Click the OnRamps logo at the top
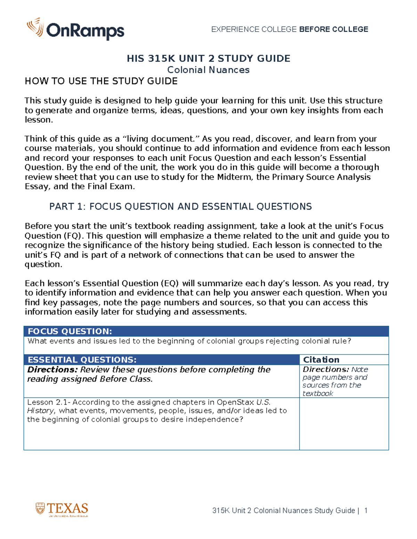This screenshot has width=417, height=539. [75, 30]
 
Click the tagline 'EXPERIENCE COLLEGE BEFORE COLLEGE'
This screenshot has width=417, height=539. [289, 30]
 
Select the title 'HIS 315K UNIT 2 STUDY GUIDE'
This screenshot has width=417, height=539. [208, 58]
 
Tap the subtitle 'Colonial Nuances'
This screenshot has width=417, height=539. [208, 70]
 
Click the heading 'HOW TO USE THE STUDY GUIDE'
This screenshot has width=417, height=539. [101, 81]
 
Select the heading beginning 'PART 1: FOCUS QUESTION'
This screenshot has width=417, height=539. [180, 207]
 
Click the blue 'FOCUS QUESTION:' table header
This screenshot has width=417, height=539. [70, 331]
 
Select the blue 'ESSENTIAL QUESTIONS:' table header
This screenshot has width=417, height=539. [82, 360]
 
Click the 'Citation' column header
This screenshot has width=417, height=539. [321, 360]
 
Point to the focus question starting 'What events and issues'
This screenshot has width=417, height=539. [189, 341]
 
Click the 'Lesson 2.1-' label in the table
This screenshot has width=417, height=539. [49, 402]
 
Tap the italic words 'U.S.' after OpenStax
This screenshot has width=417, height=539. [263, 402]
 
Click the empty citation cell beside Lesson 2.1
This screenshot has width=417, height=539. [344, 423]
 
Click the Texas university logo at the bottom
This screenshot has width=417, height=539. [62, 509]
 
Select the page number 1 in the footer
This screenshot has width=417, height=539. [366, 511]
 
